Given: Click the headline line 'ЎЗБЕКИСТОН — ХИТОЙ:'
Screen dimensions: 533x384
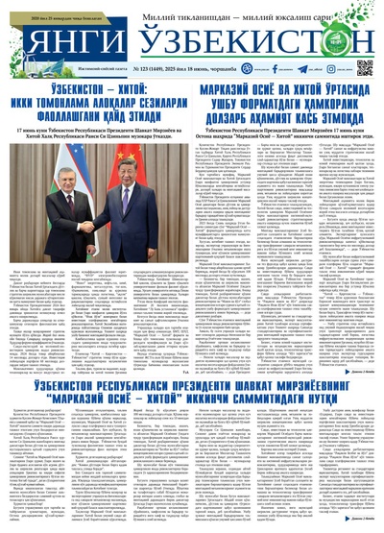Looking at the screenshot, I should [91, 89].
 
